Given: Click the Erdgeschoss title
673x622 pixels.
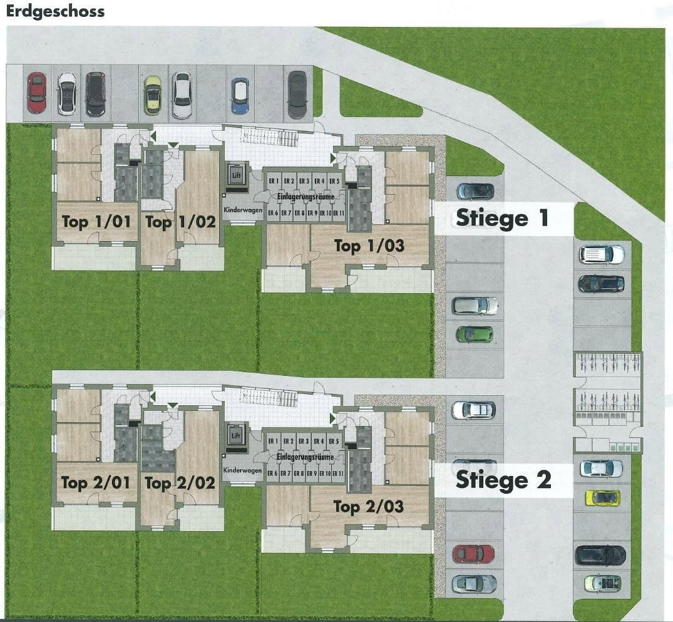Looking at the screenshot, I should (55, 11).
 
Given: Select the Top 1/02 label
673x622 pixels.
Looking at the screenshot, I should (180, 222).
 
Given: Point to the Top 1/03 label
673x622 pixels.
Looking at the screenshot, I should (369, 246).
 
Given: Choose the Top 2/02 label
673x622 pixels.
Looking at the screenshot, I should (180, 483).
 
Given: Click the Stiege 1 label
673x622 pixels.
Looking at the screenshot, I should (502, 218).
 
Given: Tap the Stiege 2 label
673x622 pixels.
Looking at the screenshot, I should (503, 480).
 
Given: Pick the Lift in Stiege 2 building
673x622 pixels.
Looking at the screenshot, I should (236, 436).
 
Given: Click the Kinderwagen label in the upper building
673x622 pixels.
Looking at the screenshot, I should (242, 210).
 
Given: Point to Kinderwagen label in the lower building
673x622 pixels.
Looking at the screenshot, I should (242, 470).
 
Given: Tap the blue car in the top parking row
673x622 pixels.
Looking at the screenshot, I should (240, 95).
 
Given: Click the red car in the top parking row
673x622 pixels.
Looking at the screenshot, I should (36, 93).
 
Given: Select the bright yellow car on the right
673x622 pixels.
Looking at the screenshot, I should (602, 498).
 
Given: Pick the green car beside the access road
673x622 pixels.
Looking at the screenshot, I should (474, 334).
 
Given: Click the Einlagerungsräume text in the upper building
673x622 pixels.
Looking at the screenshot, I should (305, 197).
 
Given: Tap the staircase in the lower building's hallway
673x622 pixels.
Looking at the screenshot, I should (269, 397).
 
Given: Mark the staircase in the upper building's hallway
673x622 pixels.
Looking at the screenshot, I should (270, 136).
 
